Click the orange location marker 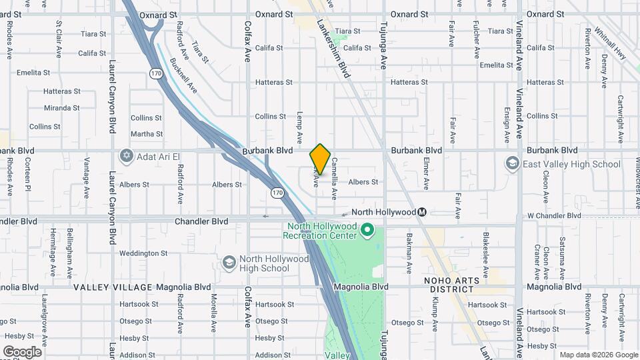tap(320, 159)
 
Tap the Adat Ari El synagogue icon tap(126, 156)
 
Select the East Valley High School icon tap(512, 164)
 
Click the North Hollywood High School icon tap(229, 263)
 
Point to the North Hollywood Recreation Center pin tap(367, 231)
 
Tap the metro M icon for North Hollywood tap(422, 212)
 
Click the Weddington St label tap(143, 253)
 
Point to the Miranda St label tap(61, 107)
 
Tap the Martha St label tap(147, 134)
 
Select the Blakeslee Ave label tap(487, 253)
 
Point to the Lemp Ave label tap(299, 126)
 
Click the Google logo tap(22, 351)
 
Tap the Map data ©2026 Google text tap(597, 355)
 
